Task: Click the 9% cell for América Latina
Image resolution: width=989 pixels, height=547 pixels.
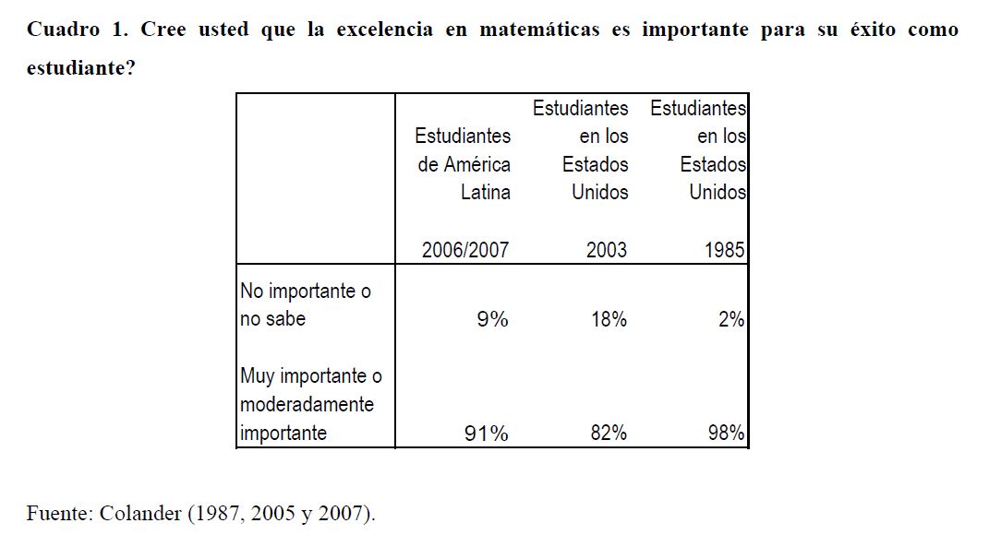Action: tap(492, 319)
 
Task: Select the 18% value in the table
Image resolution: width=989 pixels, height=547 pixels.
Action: tap(609, 319)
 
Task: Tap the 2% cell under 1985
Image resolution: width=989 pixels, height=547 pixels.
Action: tap(731, 319)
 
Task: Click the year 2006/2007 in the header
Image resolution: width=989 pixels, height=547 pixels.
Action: tap(464, 250)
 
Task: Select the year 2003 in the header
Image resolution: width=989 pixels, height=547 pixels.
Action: tap(606, 250)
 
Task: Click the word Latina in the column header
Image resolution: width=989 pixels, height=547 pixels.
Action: tap(486, 192)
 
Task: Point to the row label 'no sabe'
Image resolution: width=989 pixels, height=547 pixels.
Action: tap(272, 319)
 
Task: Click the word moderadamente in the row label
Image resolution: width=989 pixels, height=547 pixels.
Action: tap(307, 405)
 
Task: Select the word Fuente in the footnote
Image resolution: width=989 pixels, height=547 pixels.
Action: tap(56, 514)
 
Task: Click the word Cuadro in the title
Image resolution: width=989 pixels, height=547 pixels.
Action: tap(63, 30)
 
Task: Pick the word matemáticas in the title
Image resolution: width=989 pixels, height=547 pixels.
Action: tap(540, 30)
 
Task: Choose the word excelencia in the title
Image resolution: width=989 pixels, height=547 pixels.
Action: tap(384, 30)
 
